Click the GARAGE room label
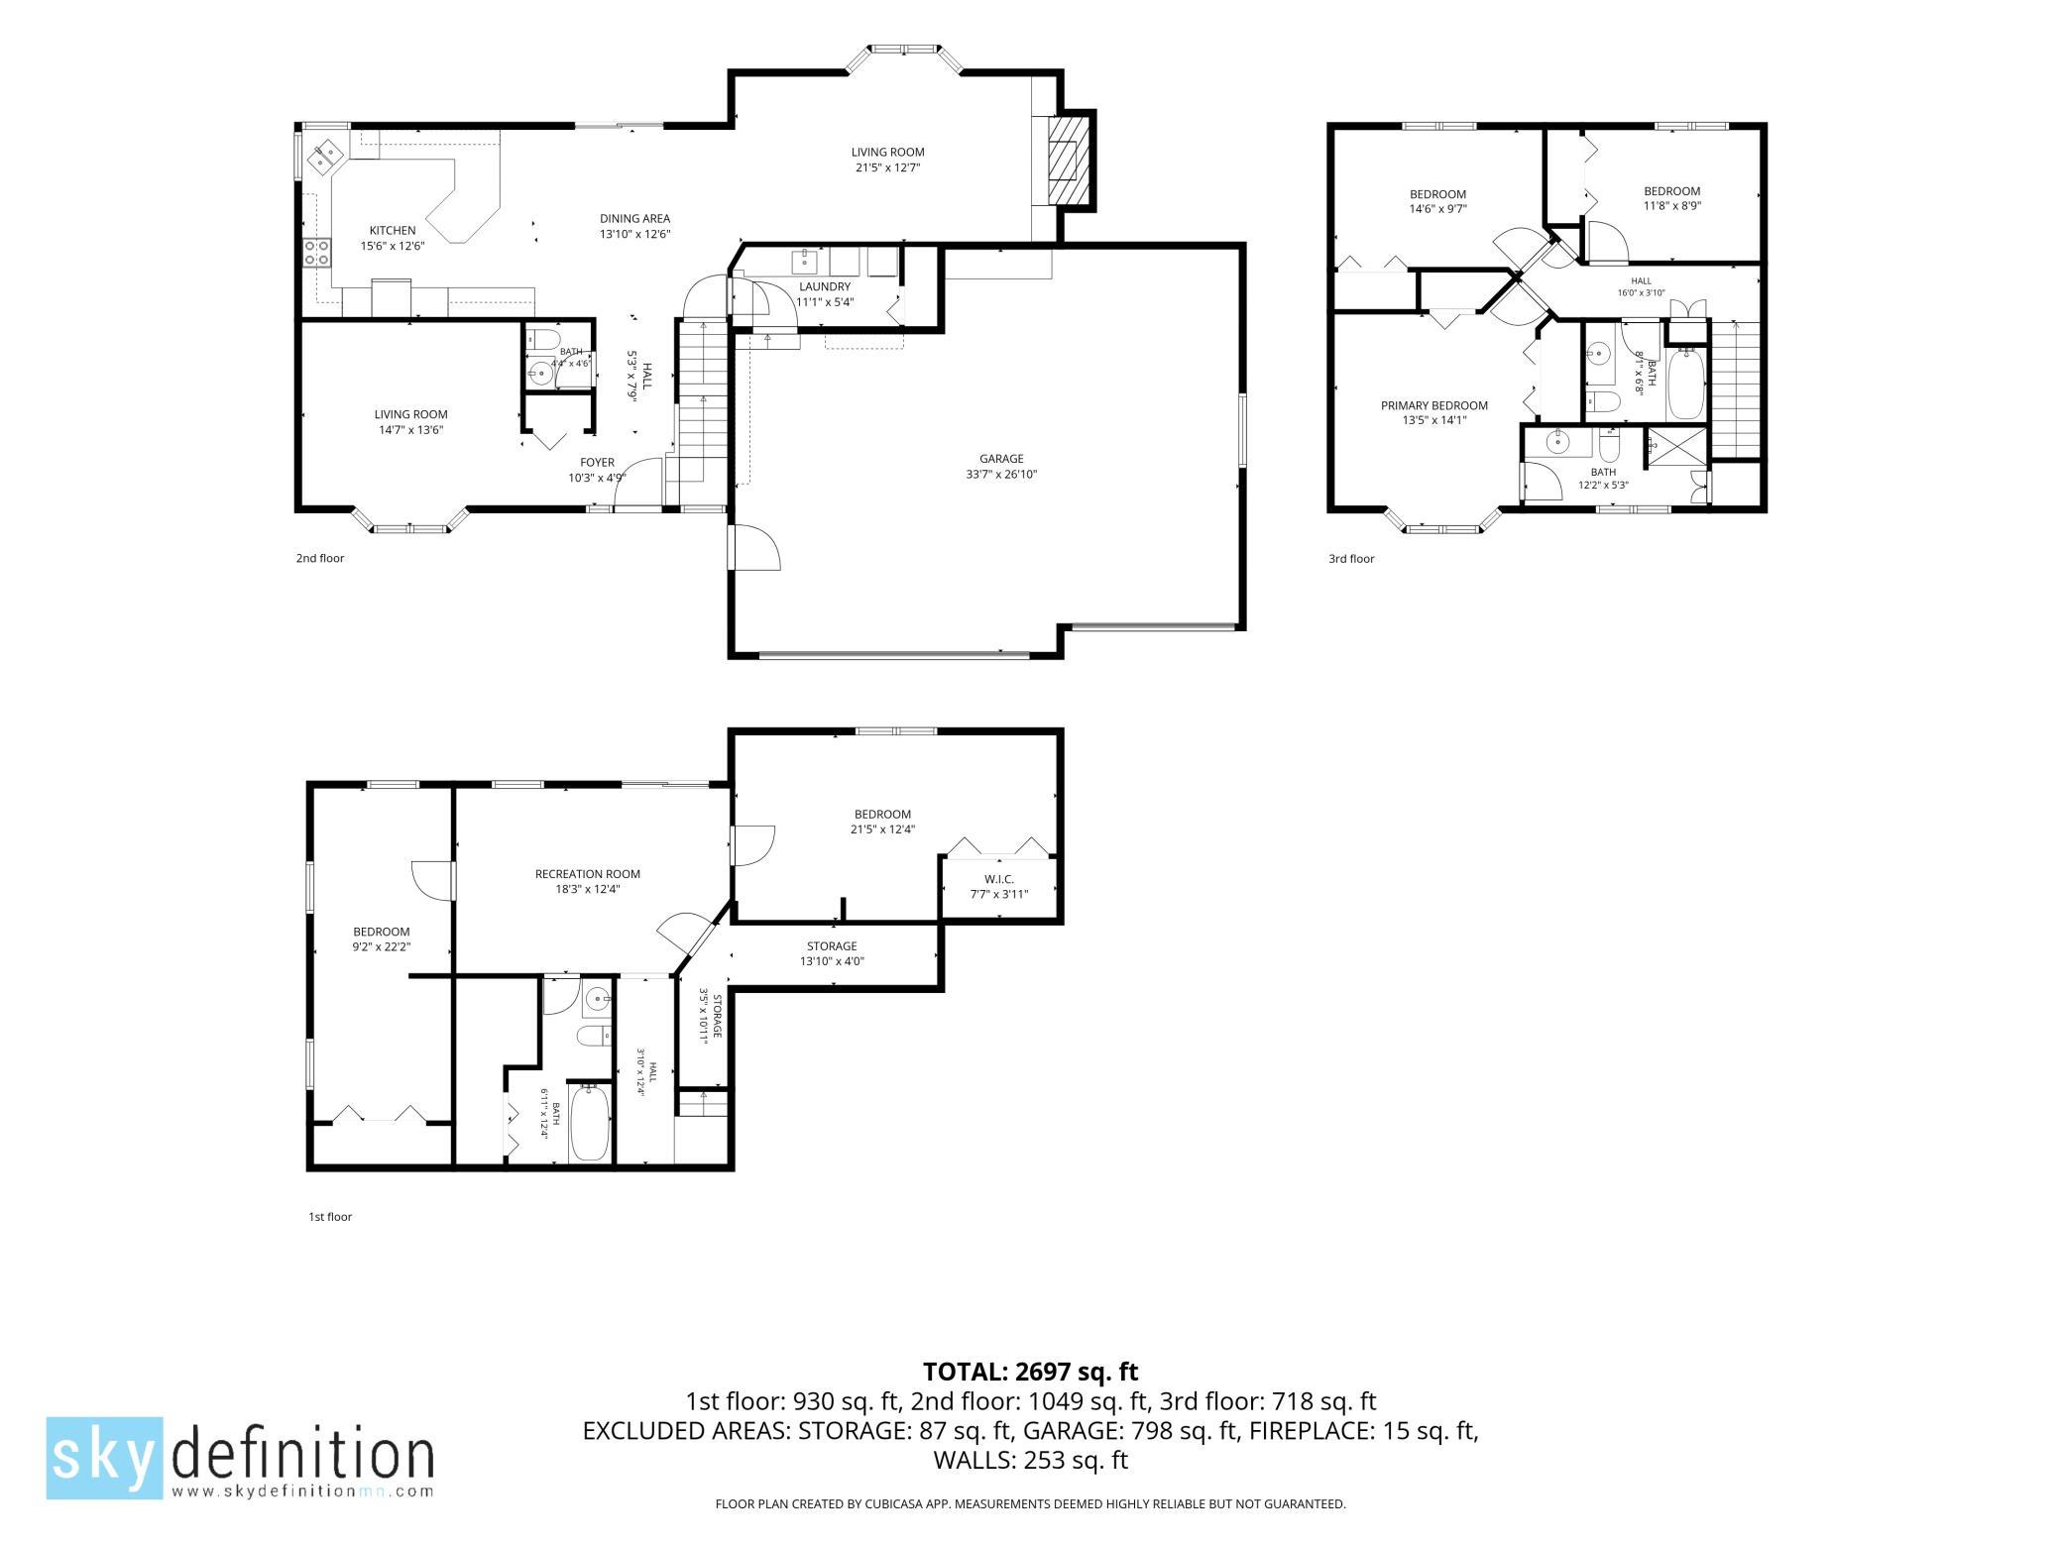[1001, 459]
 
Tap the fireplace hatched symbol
[1068, 159]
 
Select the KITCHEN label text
[393, 231]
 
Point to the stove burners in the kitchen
[317, 253]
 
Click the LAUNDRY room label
[825, 287]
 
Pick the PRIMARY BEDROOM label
[1434, 405]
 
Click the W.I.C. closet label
[999, 879]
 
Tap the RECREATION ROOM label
[588, 874]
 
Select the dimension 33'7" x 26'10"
[1001, 475]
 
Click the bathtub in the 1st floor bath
[590, 1122]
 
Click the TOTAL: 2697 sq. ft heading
[1031, 1373]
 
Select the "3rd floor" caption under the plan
[1351, 559]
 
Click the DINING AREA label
[634, 219]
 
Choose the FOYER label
[597, 463]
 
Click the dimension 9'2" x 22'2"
[382, 947]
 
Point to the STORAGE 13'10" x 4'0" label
[832, 953]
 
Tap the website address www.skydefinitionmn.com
[302, 1491]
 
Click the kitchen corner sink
[324, 157]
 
